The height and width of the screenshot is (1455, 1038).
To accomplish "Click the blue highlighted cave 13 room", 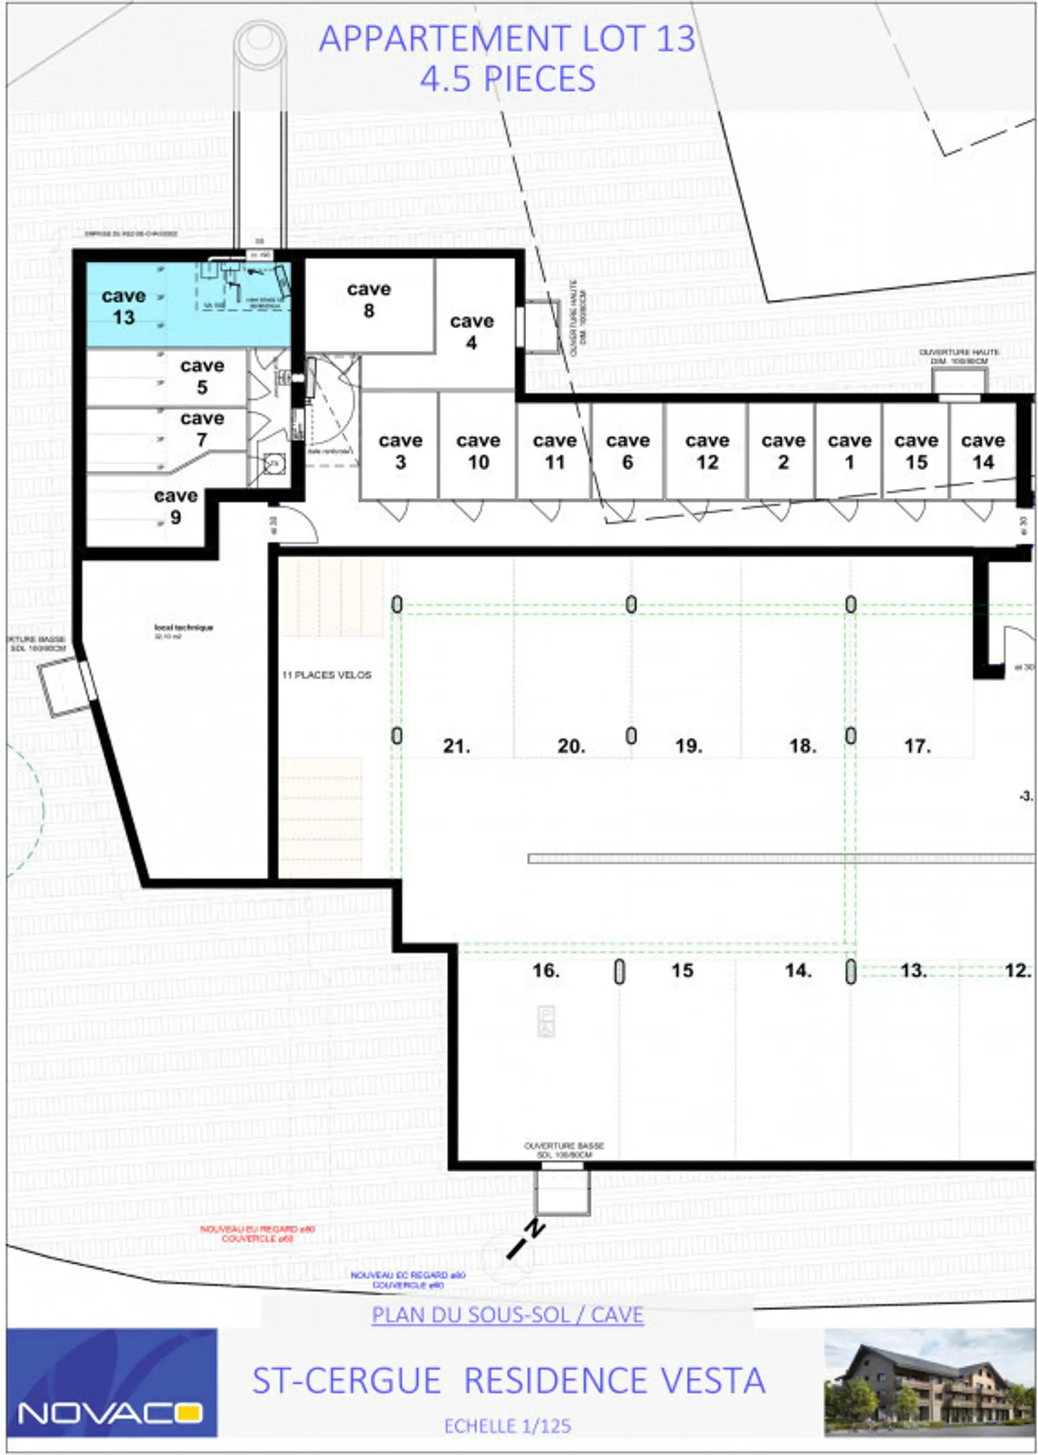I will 144,306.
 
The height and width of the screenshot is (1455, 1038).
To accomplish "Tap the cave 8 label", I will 368,299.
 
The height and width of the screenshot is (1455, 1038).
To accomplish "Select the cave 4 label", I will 471,332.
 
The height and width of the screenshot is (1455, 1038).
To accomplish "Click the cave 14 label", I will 982,451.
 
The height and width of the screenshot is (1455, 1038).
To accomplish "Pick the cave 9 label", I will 175,506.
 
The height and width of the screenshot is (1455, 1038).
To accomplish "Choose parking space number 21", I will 456,746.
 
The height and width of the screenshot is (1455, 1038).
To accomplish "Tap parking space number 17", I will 917,746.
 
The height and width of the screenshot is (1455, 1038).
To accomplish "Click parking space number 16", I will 546,970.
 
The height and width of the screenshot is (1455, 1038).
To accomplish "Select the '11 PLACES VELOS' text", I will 327,675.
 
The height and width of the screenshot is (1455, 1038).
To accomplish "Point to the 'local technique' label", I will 183,627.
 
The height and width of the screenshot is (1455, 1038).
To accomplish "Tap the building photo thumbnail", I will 929,1382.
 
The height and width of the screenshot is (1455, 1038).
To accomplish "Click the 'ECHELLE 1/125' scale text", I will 507,1426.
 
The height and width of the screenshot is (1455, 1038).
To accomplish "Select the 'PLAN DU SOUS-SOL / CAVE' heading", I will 507,1315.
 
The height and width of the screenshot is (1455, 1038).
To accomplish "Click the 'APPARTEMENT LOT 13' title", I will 507,39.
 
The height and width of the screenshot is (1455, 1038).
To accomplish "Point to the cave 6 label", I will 627,451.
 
